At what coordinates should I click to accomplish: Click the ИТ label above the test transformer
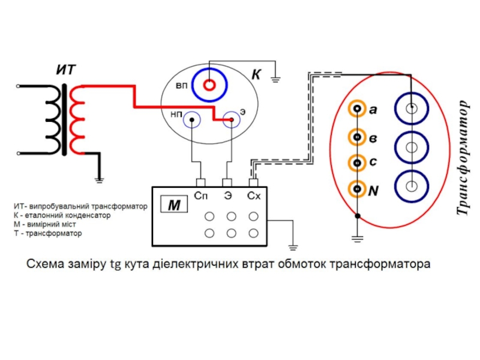[66, 70]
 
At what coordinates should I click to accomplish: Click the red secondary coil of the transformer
[76, 120]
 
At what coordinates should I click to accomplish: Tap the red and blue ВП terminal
[208, 85]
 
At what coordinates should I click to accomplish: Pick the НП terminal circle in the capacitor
[191, 119]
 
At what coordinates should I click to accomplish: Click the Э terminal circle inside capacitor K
[230, 120]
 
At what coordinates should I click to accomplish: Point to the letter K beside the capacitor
[256, 75]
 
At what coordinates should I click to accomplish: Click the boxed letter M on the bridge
[174, 206]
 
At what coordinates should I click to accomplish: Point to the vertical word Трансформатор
[462, 157]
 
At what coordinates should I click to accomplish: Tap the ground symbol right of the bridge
[293, 247]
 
